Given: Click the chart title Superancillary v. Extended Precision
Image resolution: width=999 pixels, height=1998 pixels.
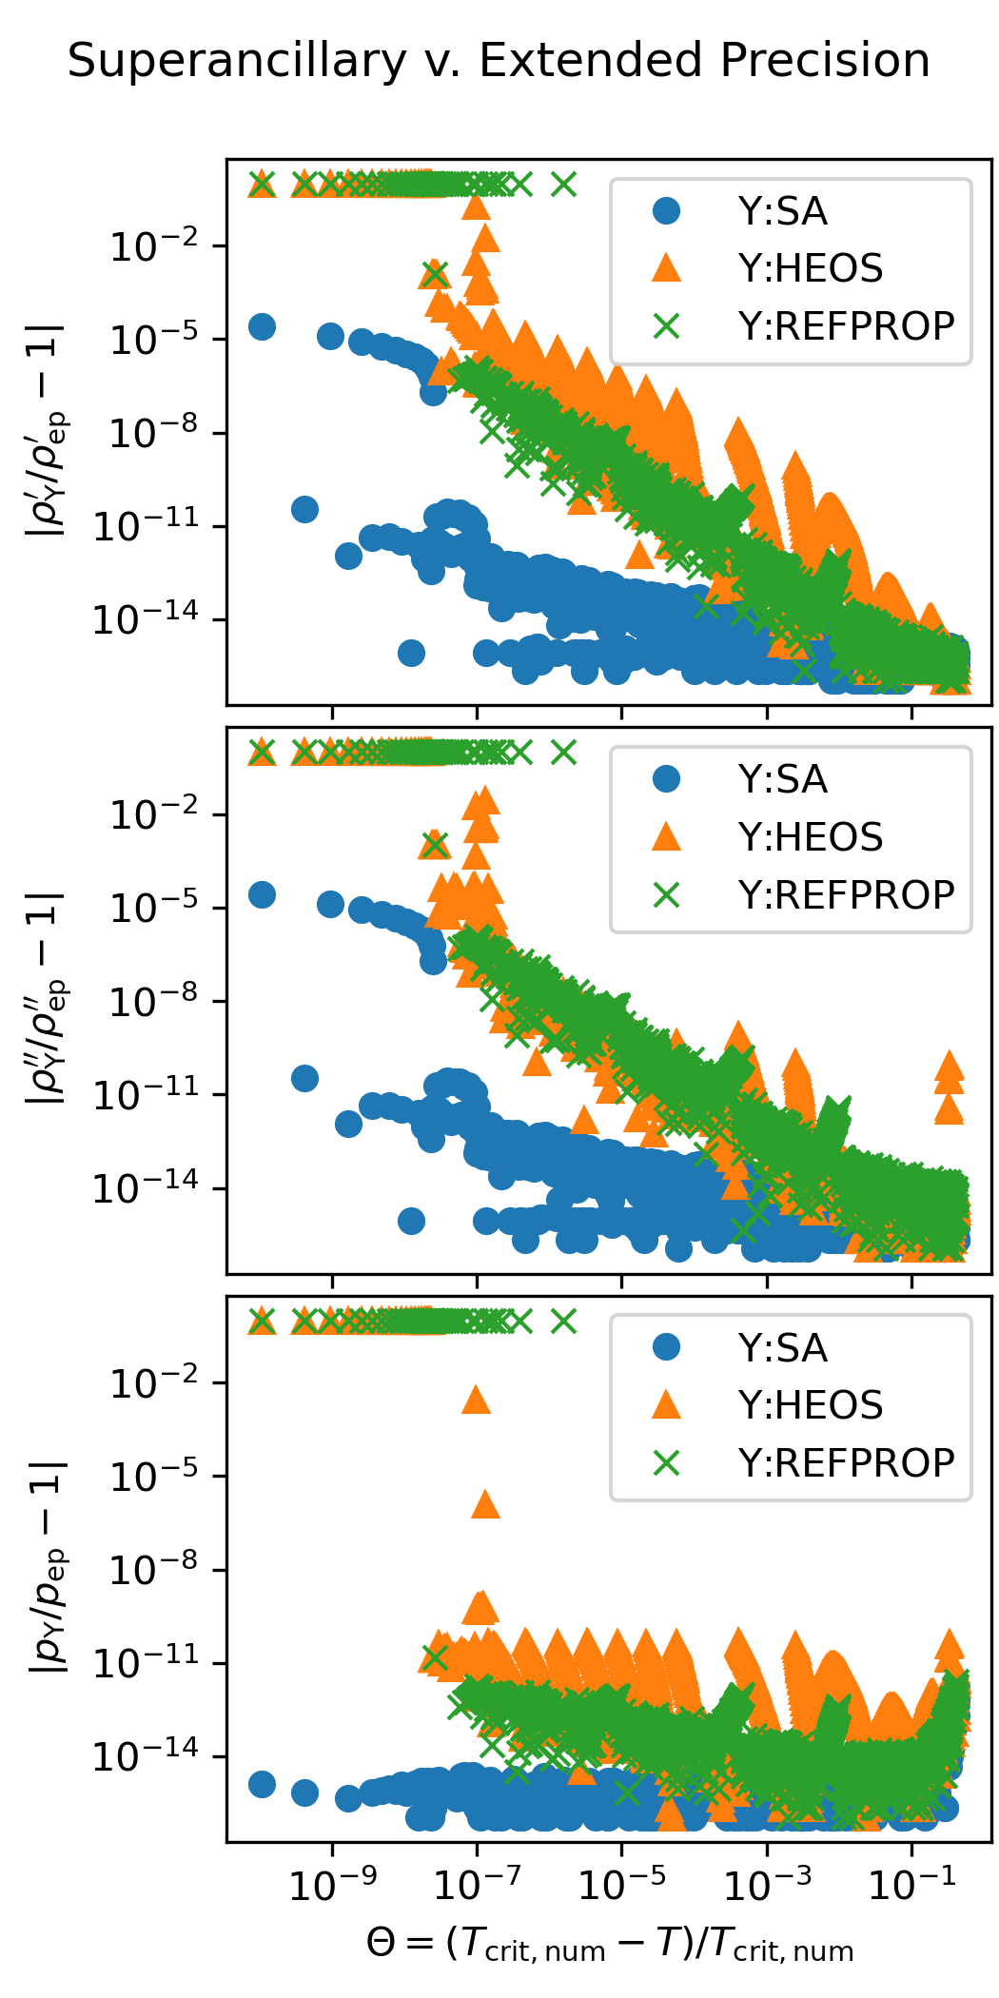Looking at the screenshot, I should (499, 61).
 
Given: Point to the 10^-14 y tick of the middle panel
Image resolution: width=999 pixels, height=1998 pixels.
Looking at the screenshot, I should (146, 1188).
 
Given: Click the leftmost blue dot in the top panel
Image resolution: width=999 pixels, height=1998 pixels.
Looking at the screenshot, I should (262, 326).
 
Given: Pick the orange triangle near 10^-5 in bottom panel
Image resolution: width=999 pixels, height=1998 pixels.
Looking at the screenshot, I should (485, 1504).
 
